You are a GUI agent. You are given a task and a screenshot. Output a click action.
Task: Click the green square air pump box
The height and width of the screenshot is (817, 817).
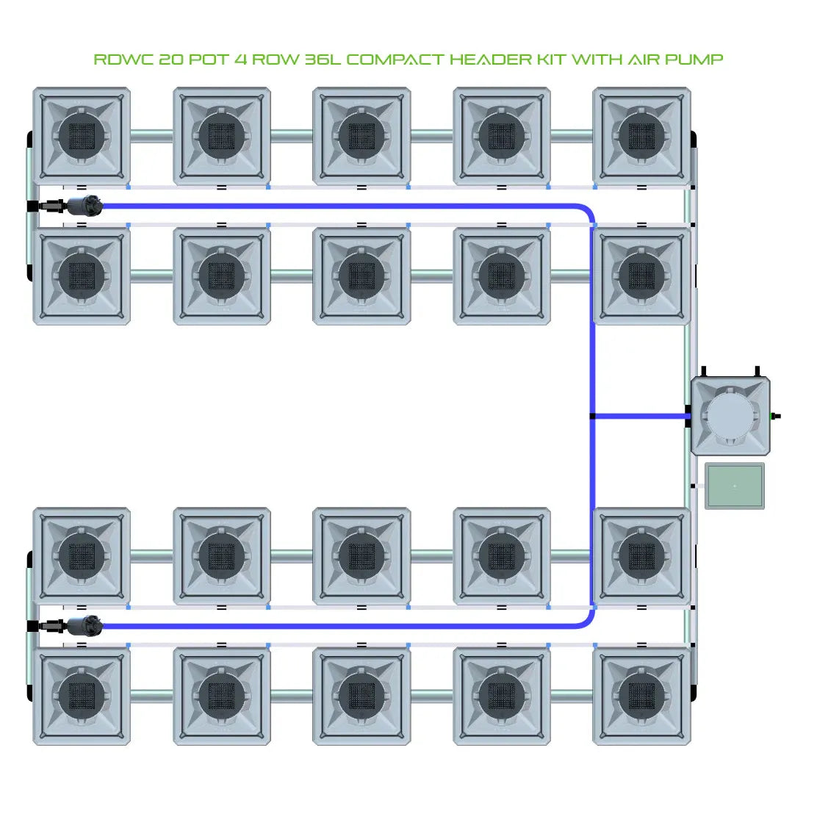[x=734, y=486]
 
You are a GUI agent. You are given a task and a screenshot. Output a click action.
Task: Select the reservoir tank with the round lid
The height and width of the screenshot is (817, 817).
[x=730, y=417]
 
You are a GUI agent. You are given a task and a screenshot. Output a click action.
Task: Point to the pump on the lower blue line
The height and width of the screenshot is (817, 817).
[x=83, y=627]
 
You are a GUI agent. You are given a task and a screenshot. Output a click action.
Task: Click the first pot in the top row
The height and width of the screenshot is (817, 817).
[x=82, y=136]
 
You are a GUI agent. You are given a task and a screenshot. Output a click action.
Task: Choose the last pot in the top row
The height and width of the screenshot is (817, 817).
[x=641, y=136]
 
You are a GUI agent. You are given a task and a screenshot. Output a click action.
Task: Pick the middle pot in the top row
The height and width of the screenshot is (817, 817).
[x=361, y=136]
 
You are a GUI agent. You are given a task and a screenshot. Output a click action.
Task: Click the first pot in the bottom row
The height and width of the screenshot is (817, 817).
[x=82, y=696]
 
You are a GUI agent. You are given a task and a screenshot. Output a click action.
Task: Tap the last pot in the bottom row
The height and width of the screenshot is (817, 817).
[x=641, y=696]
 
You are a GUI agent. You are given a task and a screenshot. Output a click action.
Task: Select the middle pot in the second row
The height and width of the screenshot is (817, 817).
[x=361, y=276]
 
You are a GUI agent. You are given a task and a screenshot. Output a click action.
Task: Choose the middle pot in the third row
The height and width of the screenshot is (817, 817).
[x=361, y=556]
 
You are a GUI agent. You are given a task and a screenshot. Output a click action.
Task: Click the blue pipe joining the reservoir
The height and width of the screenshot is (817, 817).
[x=639, y=417]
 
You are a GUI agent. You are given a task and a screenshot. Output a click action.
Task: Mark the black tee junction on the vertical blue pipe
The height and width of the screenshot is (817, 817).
[x=592, y=417]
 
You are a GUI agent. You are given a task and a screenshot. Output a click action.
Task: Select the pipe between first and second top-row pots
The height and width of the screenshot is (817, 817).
[x=151, y=136]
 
